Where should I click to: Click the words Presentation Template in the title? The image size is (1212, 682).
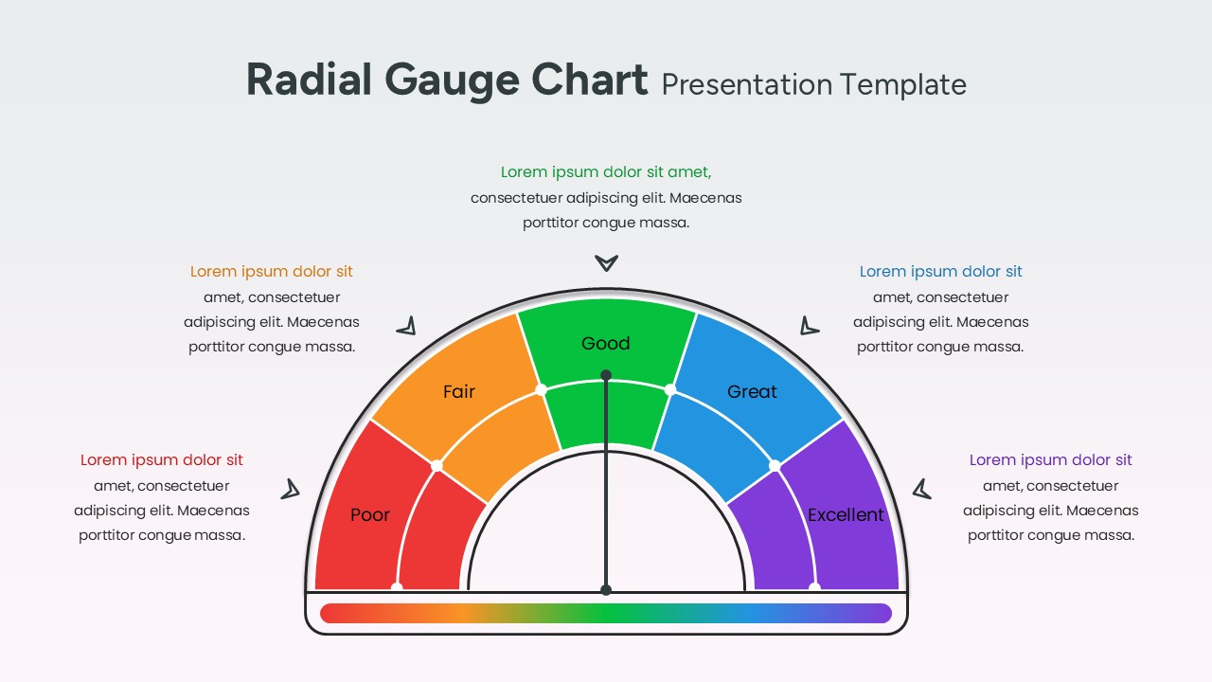(x=813, y=84)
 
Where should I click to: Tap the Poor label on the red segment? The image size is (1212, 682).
(x=370, y=515)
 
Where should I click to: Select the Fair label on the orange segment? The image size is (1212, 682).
(x=459, y=392)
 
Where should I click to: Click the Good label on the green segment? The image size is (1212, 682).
(x=606, y=344)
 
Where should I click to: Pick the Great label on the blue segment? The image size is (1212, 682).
(x=752, y=392)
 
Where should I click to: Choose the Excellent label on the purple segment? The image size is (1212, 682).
(x=845, y=515)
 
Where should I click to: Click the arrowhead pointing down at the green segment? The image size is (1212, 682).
(x=606, y=262)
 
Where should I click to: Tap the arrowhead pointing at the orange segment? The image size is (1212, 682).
(x=407, y=327)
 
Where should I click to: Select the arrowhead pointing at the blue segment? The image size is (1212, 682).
(x=808, y=327)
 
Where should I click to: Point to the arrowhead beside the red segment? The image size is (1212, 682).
(x=291, y=490)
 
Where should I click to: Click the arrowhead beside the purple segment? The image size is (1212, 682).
(x=921, y=490)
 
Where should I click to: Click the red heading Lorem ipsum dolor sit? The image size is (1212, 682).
(x=162, y=460)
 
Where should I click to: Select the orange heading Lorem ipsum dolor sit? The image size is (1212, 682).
(x=272, y=272)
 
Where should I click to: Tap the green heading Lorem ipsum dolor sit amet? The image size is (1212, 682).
(x=606, y=172)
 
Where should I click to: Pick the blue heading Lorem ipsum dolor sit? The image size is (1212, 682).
(x=940, y=272)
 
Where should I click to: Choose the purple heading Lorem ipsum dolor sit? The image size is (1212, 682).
(x=1050, y=460)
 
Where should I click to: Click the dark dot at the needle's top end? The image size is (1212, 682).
(x=606, y=376)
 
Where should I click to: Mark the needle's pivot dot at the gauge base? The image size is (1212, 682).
(x=606, y=590)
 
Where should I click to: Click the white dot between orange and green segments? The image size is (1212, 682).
(x=541, y=389)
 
